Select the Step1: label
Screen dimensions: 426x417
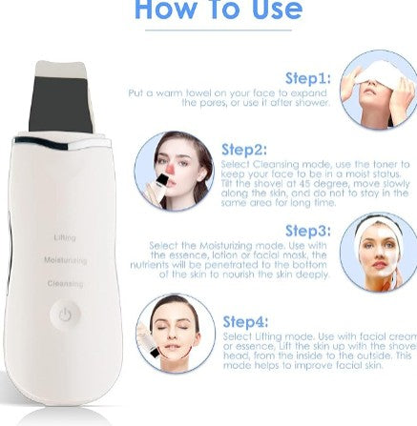pyautogui.click(x=307, y=77)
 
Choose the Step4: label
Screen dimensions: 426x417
pyautogui.click(x=244, y=322)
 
